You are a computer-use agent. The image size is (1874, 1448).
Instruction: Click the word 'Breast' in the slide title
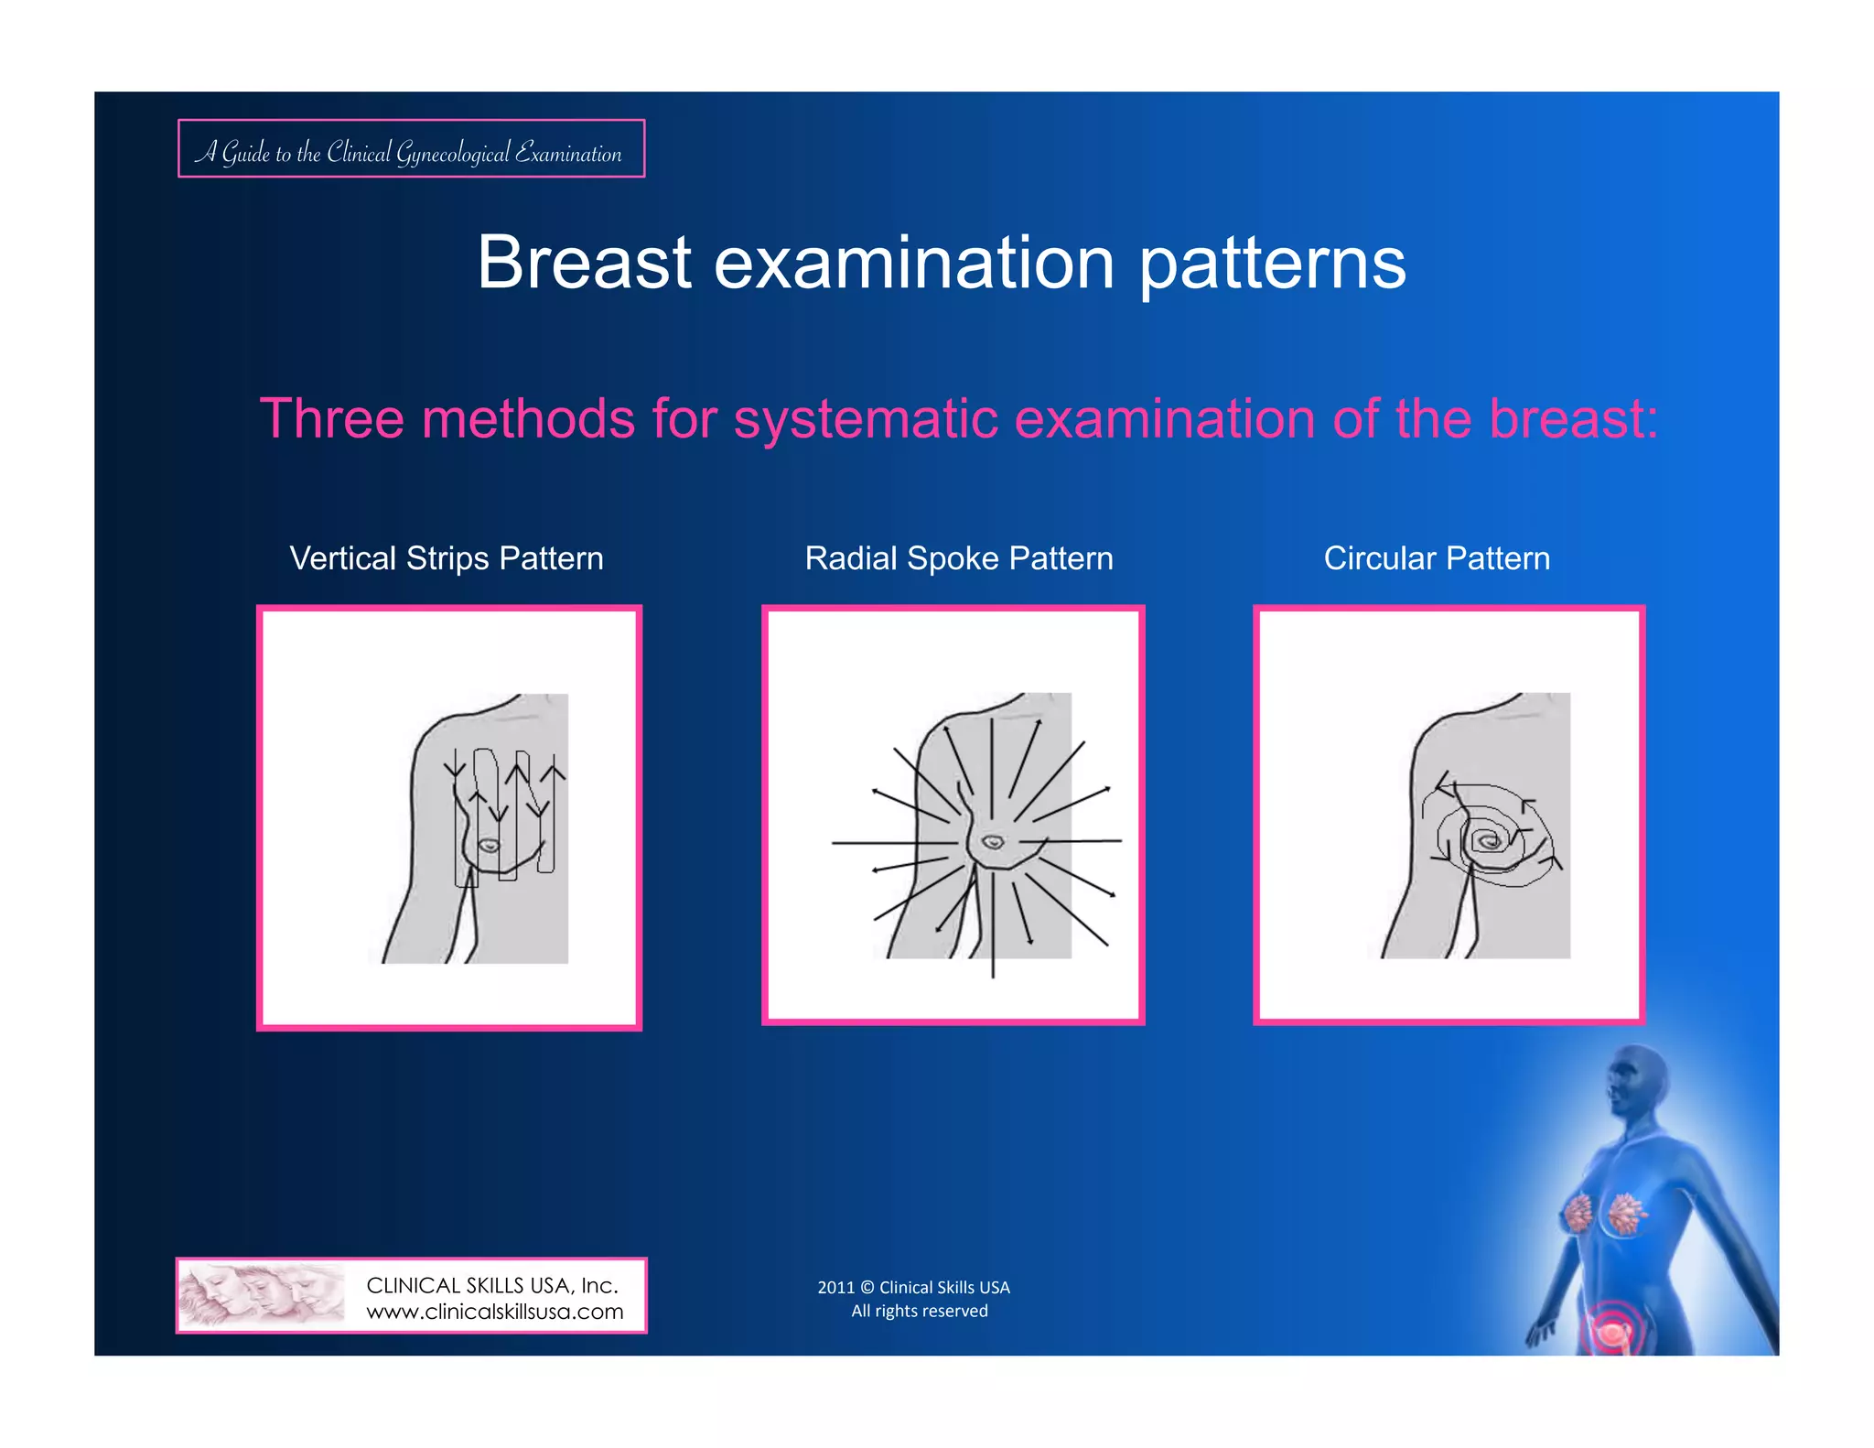(584, 263)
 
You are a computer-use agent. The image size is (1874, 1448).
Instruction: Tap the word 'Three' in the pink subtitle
(331, 419)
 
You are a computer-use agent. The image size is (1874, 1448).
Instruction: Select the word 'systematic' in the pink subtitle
(866, 419)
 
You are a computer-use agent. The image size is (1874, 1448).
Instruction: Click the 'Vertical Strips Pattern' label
(447, 558)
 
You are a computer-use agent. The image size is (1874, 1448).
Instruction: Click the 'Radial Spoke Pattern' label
(959, 558)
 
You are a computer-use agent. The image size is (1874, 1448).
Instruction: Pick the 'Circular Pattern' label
(1437, 558)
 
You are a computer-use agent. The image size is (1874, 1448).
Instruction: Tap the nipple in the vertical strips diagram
(490, 846)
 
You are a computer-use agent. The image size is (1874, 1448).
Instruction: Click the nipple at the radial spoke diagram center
(993, 841)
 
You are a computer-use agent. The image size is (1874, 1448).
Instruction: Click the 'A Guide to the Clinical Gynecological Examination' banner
(411, 149)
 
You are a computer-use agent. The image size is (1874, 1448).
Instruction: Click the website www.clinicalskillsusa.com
(494, 1312)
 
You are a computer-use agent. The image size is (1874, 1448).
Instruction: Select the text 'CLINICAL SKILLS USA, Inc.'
(492, 1285)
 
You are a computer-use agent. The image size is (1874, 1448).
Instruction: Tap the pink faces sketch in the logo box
(262, 1295)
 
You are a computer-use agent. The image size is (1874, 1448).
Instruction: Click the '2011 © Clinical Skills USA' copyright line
(913, 1287)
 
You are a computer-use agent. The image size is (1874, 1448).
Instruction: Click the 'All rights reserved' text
(919, 1311)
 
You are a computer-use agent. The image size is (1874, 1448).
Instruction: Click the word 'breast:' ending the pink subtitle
(1573, 419)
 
